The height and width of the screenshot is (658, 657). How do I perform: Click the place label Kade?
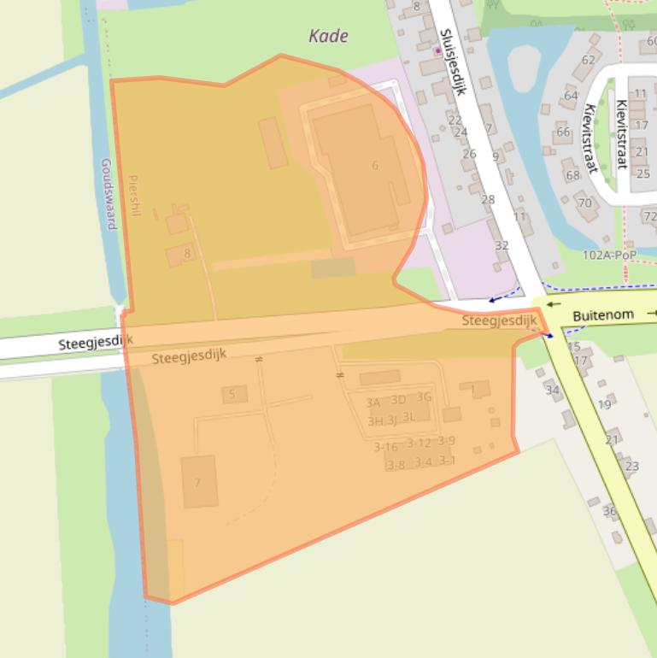(x=328, y=36)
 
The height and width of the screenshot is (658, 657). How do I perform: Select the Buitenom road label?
(x=602, y=315)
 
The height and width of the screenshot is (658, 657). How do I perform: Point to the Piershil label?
(x=132, y=196)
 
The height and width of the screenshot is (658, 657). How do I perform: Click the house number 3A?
(x=373, y=402)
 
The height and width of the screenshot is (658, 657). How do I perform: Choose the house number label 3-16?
(x=385, y=447)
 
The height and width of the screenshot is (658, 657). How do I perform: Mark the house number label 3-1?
(x=447, y=461)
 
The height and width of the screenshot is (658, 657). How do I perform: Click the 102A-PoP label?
(x=610, y=255)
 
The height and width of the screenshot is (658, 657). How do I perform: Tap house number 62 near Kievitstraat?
(x=588, y=60)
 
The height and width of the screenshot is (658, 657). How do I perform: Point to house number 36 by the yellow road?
(x=609, y=511)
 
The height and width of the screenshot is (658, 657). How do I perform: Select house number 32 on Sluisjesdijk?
(x=502, y=245)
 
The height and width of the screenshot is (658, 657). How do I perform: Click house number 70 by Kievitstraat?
(x=584, y=203)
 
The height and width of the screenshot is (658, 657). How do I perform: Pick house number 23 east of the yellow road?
(x=632, y=466)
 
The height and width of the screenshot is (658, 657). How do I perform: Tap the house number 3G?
(x=424, y=397)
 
